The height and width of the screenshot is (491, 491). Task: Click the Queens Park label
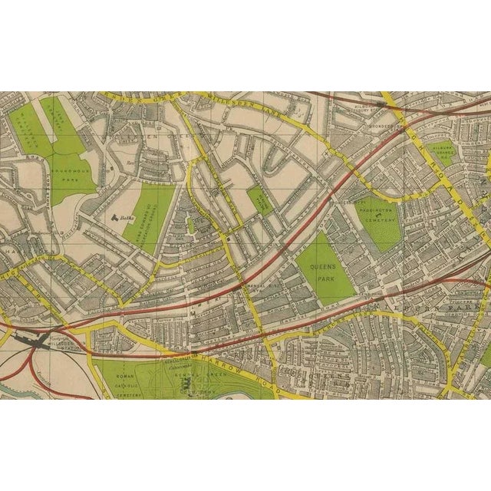[x=322, y=269]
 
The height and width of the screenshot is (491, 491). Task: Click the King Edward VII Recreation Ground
[x=148, y=219]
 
